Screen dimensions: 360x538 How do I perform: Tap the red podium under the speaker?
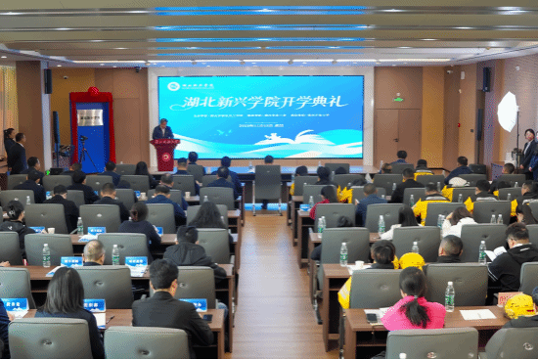tap(165, 155)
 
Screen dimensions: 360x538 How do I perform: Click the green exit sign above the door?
tap(398, 98)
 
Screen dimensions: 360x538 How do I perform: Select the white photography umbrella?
tap(508, 112)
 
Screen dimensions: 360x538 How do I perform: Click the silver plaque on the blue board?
tap(91, 117)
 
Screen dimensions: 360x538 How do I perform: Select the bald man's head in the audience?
tap(94, 251)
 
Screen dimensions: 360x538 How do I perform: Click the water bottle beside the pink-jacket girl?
tap(449, 296)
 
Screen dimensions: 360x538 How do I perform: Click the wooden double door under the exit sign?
tap(398, 132)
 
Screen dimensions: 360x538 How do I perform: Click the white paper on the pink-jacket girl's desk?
tap(477, 314)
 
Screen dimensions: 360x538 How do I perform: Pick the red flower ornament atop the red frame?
tap(93, 92)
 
